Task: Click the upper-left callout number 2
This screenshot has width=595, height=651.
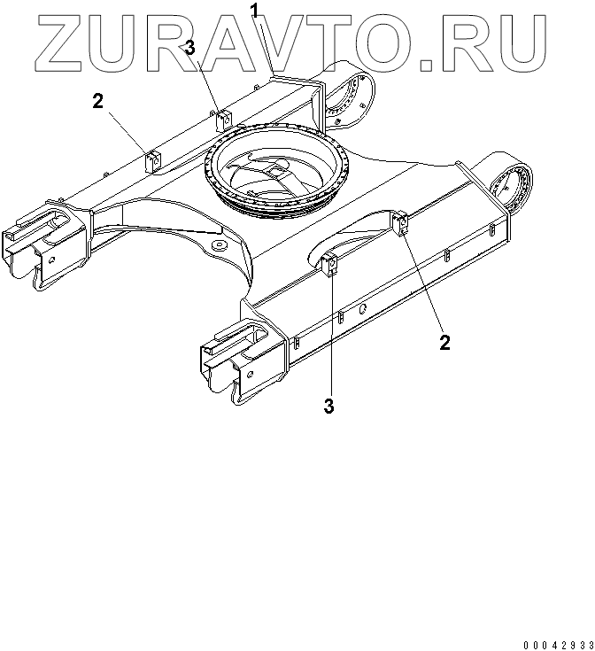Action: pos(98,101)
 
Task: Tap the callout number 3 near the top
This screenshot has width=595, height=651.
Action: pos(189,46)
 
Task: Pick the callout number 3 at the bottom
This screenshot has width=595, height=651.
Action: pos(329,407)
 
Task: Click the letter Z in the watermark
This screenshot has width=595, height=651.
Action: pos(61,41)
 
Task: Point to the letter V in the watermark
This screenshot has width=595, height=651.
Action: pos(297,41)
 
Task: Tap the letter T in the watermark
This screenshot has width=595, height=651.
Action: pos(353,41)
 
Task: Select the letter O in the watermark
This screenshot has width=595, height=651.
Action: pos(408,41)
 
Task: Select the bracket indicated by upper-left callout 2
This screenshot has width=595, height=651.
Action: pos(152,161)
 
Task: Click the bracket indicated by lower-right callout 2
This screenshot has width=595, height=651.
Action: pos(401,223)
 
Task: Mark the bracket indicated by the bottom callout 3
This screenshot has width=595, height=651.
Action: pos(332,265)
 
